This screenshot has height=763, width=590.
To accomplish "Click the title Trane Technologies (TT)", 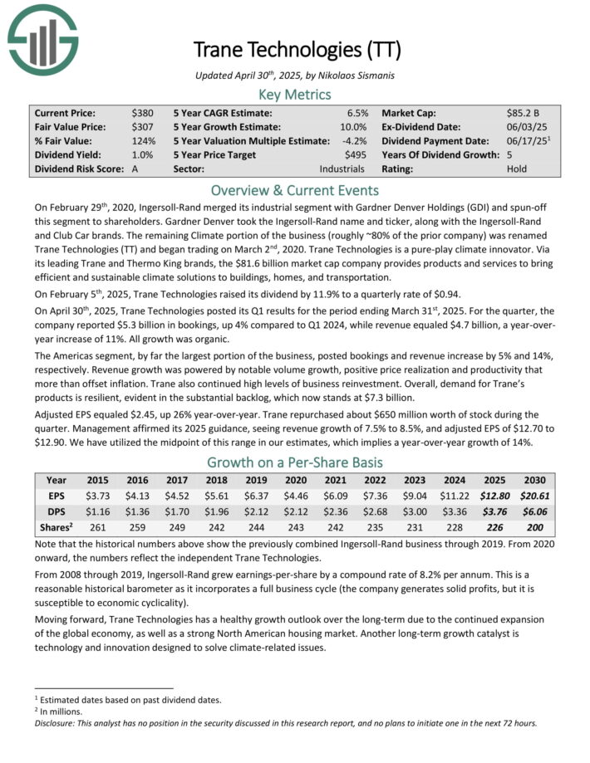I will click(x=294, y=49).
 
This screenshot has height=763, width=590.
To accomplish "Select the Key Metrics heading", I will click(x=294, y=95).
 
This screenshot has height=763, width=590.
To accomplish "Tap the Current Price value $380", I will click(x=142, y=112).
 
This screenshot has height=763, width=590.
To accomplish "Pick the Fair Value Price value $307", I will click(x=142, y=126).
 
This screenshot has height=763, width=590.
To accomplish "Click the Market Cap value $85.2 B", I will click(x=525, y=112).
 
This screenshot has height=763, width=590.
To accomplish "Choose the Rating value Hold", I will click(x=517, y=169).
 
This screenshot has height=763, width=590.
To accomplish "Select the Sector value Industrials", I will click(x=342, y=169).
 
